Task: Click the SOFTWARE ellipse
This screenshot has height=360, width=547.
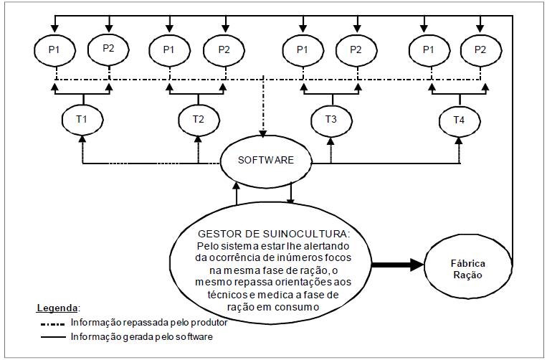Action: click(265, 160)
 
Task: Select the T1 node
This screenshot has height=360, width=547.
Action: click(81, 119)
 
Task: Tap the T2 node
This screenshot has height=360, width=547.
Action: click(197, 119)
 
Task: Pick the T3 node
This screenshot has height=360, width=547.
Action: click(330, 119)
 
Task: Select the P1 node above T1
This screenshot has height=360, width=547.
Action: click(54, 49)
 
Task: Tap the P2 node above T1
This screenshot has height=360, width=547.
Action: click(108, 49)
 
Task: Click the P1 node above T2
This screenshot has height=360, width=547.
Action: click(169, 49)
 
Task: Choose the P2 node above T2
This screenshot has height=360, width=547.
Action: click(224, 49)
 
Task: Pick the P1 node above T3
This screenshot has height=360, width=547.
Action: click(302, 49)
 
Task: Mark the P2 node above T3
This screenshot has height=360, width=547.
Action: click(356, 49)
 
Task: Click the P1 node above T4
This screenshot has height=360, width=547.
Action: click(429, 49)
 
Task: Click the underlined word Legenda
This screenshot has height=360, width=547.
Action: click(57, 308)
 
